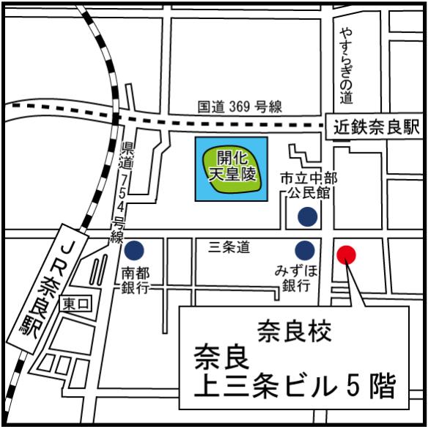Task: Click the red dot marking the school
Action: [x=346, y=255]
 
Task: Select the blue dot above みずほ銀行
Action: [x=306, y=248]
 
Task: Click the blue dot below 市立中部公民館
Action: [x=307, y=216]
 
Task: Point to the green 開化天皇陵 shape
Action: [x=231, y=169]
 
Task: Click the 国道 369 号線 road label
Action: [x=239, y=107]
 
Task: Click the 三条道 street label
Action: [x=229, y=249]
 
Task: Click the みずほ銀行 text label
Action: [x=296, y=279]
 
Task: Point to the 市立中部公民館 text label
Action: [x=307, y=185]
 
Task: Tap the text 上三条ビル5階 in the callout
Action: [x=294, y=387]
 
